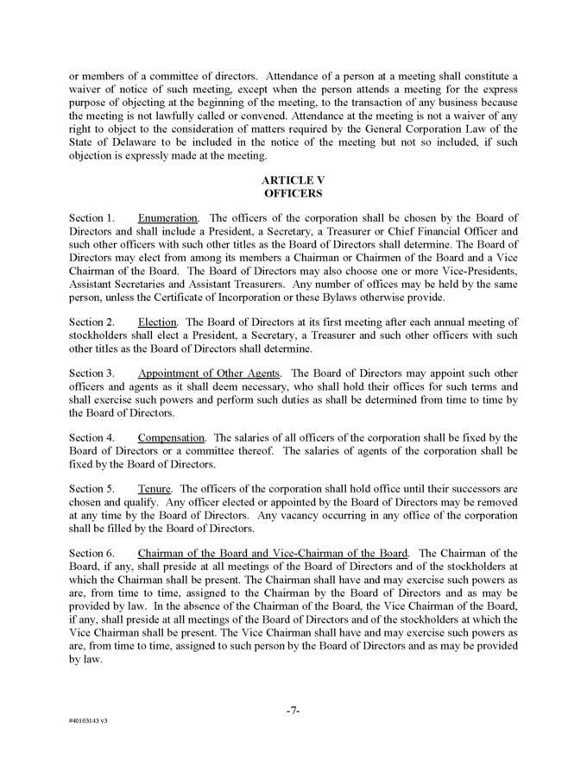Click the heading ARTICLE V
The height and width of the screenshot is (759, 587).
[x=293, y=180]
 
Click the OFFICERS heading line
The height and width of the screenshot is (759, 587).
[x=293, y=194]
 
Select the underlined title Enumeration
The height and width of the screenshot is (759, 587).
[x=168, y=218]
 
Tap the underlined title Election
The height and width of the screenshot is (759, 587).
[x=158, y=322]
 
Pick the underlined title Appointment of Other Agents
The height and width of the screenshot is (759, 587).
[x=209, y=373]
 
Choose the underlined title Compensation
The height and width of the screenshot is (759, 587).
[x=171, y=438]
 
